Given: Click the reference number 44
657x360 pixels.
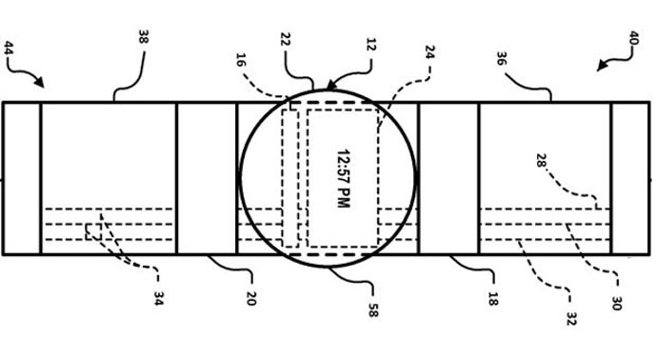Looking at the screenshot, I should point(10,47).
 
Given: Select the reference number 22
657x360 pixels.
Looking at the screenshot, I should point(285,39).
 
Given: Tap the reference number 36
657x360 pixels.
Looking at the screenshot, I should point(501,57).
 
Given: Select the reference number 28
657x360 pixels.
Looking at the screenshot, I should point(541,162).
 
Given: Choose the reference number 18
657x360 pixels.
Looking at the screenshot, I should point(492,299).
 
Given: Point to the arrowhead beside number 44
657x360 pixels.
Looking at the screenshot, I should point(37,83).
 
